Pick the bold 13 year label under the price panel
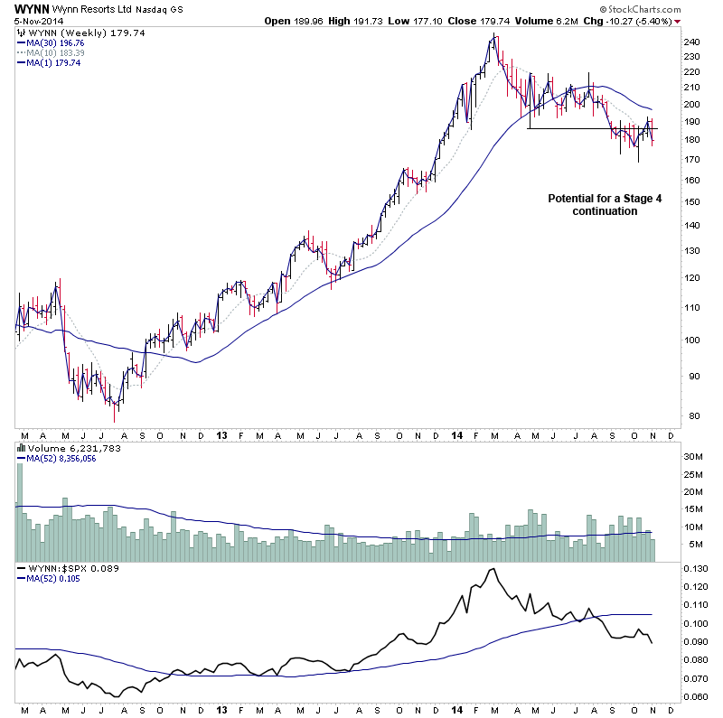(x=221, y=435)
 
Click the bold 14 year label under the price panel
(x=455, y=435)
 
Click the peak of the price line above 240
(x=493, y=35)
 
